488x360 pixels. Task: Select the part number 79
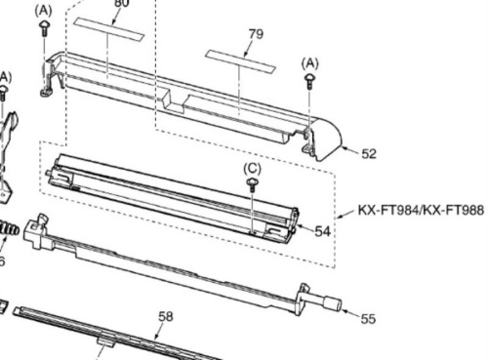pos(255,33)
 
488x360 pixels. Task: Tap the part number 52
pos(368,153)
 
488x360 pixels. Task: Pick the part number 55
pos(367,318)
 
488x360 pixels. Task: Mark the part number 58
pos(166,316)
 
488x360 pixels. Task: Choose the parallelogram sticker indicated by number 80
pos(109,29)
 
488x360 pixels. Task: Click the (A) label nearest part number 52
pos(310,60)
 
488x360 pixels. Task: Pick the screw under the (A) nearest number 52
pos(310,82)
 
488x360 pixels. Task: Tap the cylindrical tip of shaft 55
pos(331,303)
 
